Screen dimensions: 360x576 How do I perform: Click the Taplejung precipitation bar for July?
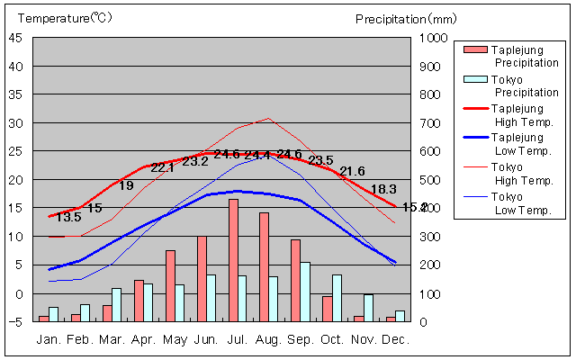(233, 260)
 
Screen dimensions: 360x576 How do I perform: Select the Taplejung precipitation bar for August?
(264, 266)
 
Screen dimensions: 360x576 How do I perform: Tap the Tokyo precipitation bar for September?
(305, 292)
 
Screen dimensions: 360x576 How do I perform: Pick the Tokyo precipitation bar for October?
(337, 298)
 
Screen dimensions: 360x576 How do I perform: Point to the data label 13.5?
(68, 217)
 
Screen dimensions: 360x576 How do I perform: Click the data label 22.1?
(163, 167)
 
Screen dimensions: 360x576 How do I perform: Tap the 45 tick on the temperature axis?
(18, 38)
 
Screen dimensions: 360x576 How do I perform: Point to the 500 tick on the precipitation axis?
(430, 180)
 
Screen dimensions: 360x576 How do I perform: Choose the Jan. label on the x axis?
(49, 340)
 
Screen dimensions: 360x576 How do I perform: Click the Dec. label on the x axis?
(396, 340)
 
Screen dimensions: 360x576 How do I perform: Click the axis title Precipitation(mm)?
(406, 18)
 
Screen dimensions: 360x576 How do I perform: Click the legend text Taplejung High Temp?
(519, 114)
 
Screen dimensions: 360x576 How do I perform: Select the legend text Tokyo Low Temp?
(519, 202)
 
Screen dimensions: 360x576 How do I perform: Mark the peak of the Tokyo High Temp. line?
(268, 119)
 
